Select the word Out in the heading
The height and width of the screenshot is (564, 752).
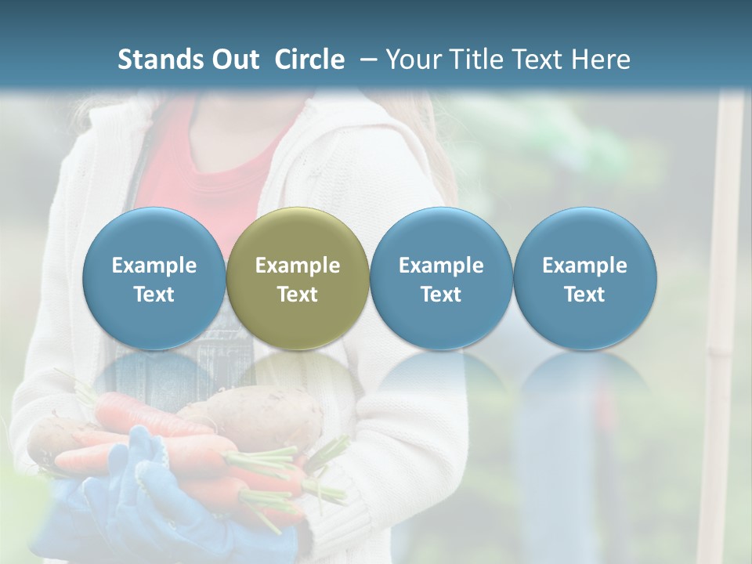point(233,60)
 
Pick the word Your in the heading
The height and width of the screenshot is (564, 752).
point(411,60)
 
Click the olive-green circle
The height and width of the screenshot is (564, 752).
point(297,278)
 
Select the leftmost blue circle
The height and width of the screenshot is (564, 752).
point(154,278)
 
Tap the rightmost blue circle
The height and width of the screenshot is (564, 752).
point(584,278)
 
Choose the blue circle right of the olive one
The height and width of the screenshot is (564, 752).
point(441,278)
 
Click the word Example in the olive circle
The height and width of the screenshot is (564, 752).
point(298,266)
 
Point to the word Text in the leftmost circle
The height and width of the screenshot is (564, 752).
point(154,295)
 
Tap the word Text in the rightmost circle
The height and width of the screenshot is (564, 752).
point(584,295)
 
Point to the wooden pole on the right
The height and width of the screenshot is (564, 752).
point(725,313)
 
